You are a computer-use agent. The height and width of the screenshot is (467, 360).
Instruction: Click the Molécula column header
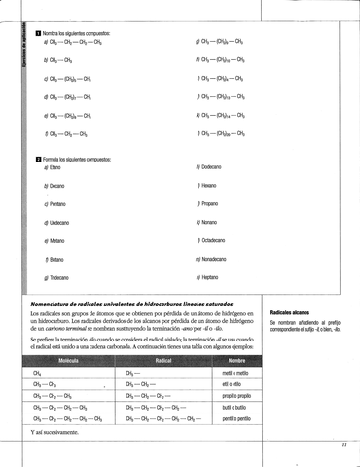[68, 360]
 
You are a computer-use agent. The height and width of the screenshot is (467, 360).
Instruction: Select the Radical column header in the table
[162, 360]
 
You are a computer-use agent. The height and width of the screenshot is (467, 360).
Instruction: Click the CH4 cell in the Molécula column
[37, 373]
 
